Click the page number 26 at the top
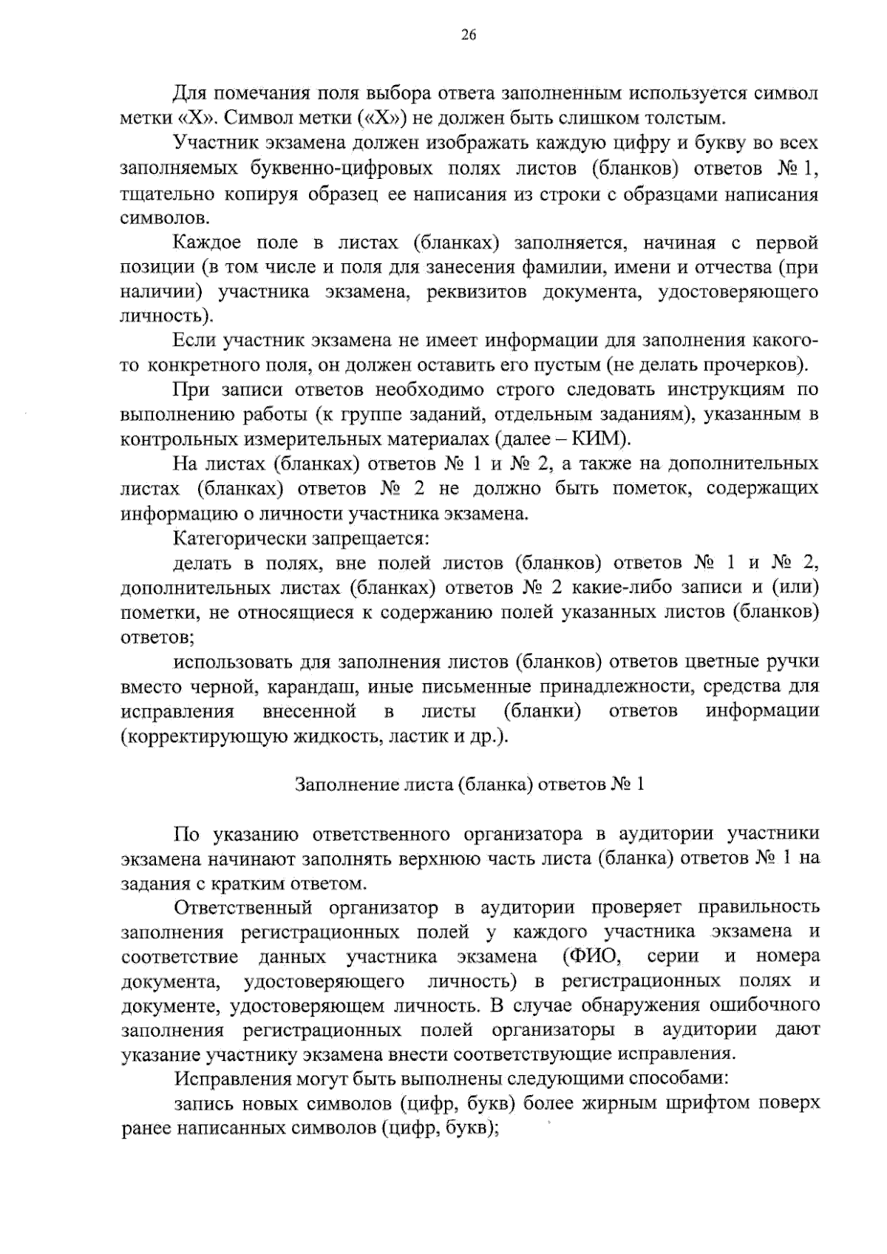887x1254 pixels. pyautogui.click(x=469, y=35)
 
